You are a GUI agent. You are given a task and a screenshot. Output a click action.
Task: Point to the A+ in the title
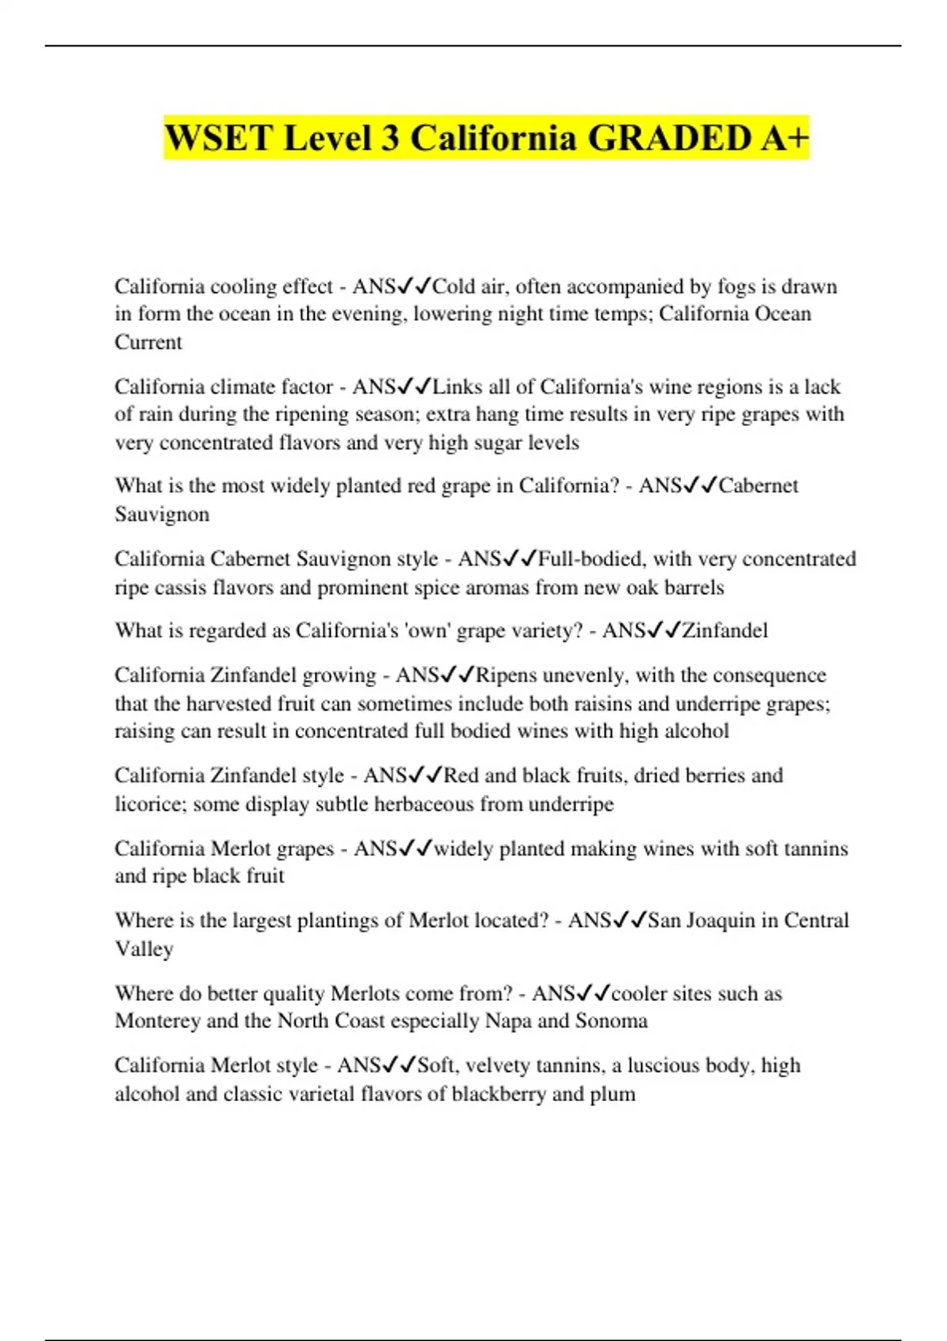point(785,138)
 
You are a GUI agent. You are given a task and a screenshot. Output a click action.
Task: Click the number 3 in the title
point(390,138)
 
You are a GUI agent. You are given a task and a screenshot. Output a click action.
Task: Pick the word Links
point(458,387)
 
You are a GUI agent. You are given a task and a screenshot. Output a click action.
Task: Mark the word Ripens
point(507,675)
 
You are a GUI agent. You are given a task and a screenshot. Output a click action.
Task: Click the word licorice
point(149,804)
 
